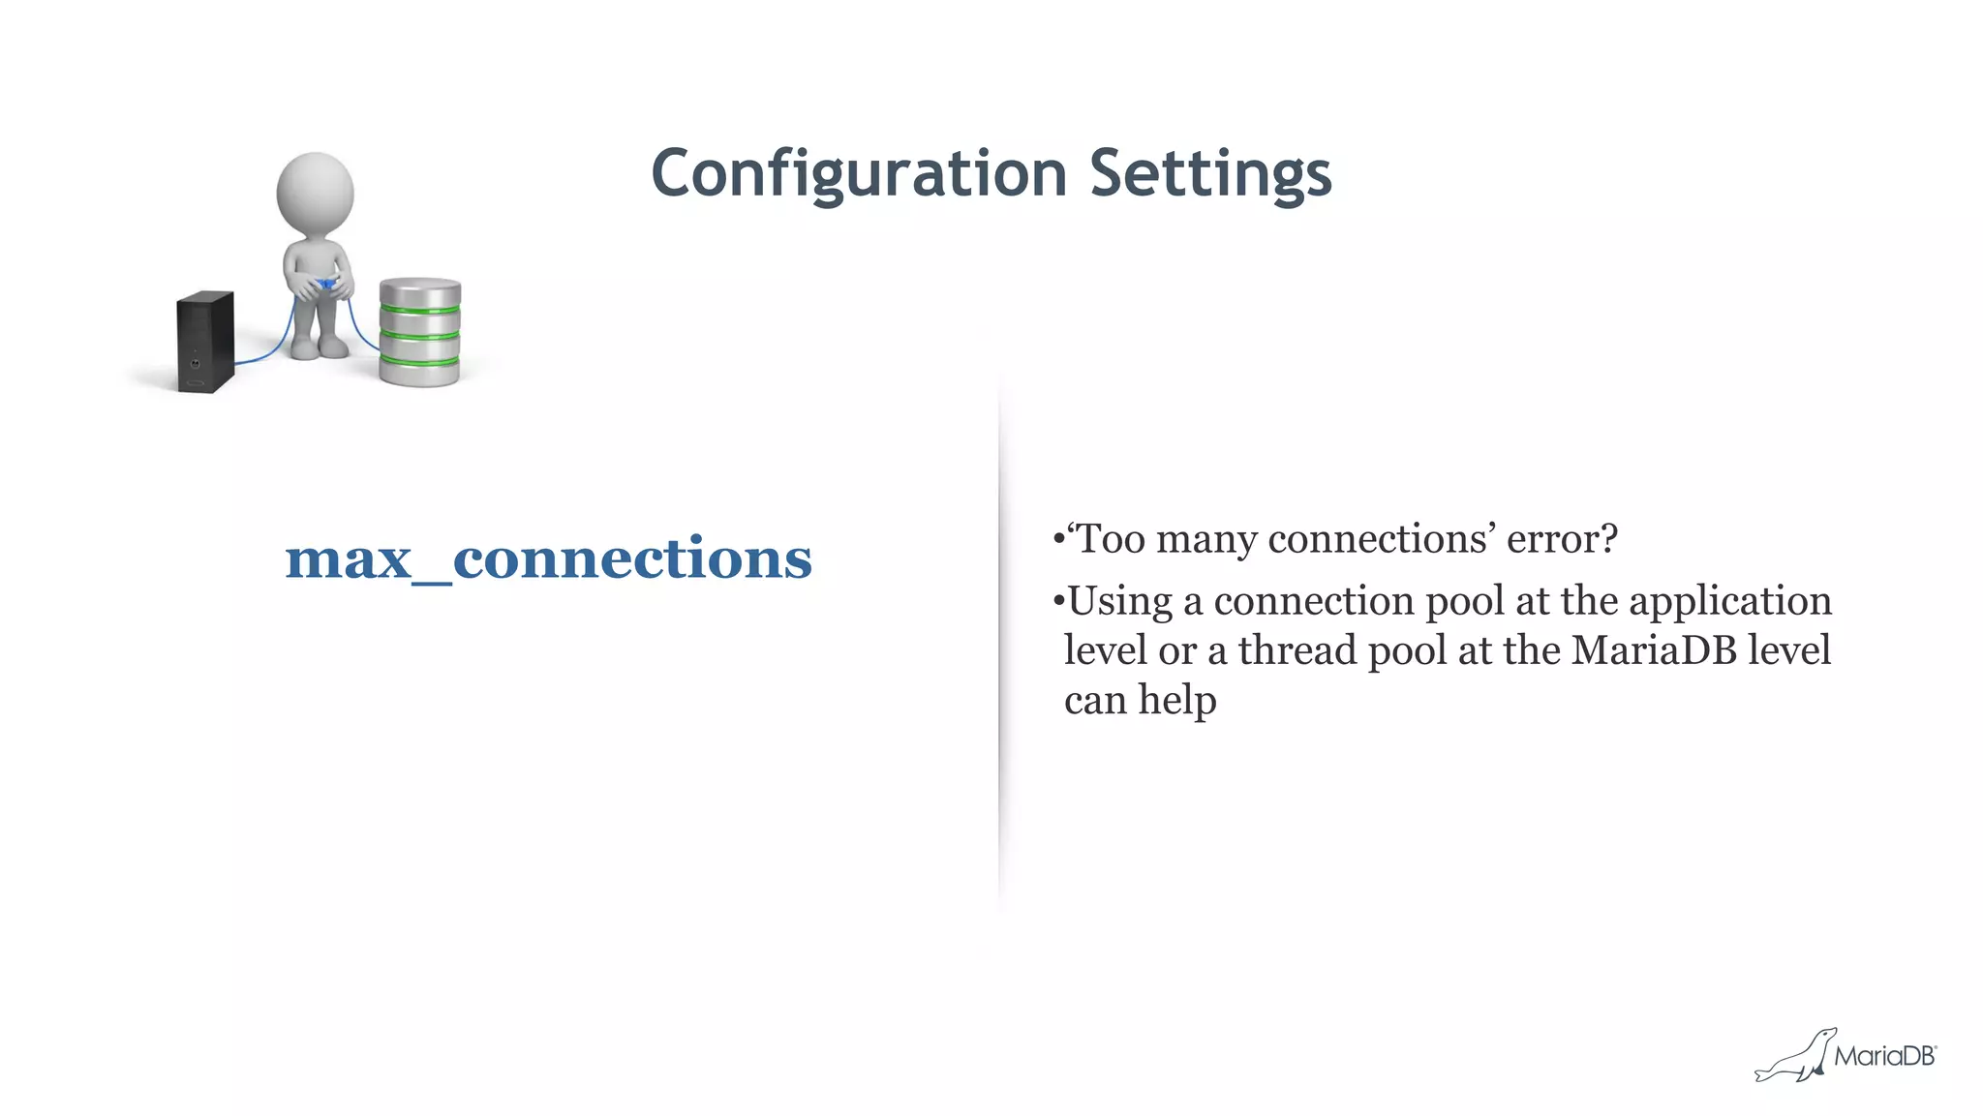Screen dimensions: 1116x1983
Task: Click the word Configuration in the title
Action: coord(859,174)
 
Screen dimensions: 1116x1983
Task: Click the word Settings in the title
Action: coord(1210,174)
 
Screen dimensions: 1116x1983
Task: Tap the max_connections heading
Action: coord(548,559)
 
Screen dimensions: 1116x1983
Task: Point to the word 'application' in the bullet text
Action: coord(1730,602)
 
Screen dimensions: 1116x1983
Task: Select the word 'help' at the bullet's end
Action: coord(1176,701)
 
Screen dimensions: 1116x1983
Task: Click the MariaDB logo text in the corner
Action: coord(1884,1056)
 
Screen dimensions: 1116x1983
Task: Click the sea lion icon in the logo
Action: coord(1797,1057)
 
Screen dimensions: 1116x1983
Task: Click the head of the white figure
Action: coord(315,191)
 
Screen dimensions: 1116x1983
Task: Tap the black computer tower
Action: coord(205,341)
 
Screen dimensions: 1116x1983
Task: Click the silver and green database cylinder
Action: coord(419,333)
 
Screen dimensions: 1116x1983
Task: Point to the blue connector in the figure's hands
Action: coord(327,285)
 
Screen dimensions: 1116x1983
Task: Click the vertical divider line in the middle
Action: coord(999,639)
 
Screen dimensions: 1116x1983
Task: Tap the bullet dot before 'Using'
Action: coord(1058,602)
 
